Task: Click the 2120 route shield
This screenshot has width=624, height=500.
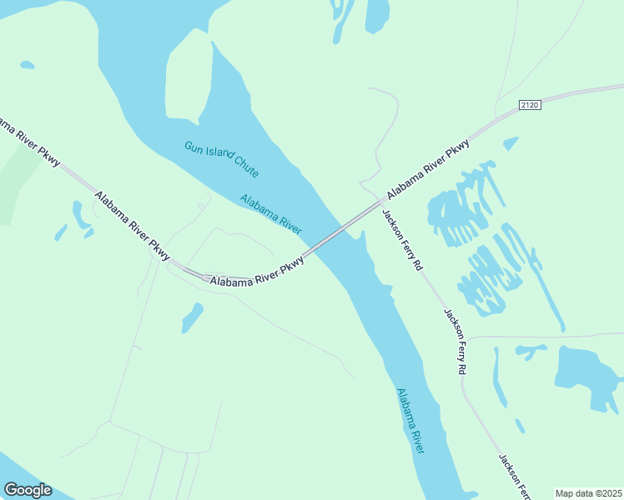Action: (x=530, y=104)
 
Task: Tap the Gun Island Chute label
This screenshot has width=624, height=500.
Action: (x=221, y=159)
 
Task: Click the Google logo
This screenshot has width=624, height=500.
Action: (x=28, y=490)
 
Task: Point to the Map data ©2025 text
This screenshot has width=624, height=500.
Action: (x=589, y=493)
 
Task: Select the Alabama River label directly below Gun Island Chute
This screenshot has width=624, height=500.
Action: (x=270, y=214)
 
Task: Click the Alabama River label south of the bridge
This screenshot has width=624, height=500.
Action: (x=410, y=421)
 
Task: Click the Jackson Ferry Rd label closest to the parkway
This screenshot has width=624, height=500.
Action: (x=403, y=239)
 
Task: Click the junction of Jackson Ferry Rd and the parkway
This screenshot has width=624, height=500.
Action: (x=382, y=201)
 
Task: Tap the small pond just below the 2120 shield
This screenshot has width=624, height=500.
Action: (x=511, y=143)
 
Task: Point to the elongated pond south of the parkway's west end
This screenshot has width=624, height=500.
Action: (x=192, y=317)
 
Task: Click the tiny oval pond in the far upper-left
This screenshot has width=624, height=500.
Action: (x=27, y=64)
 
